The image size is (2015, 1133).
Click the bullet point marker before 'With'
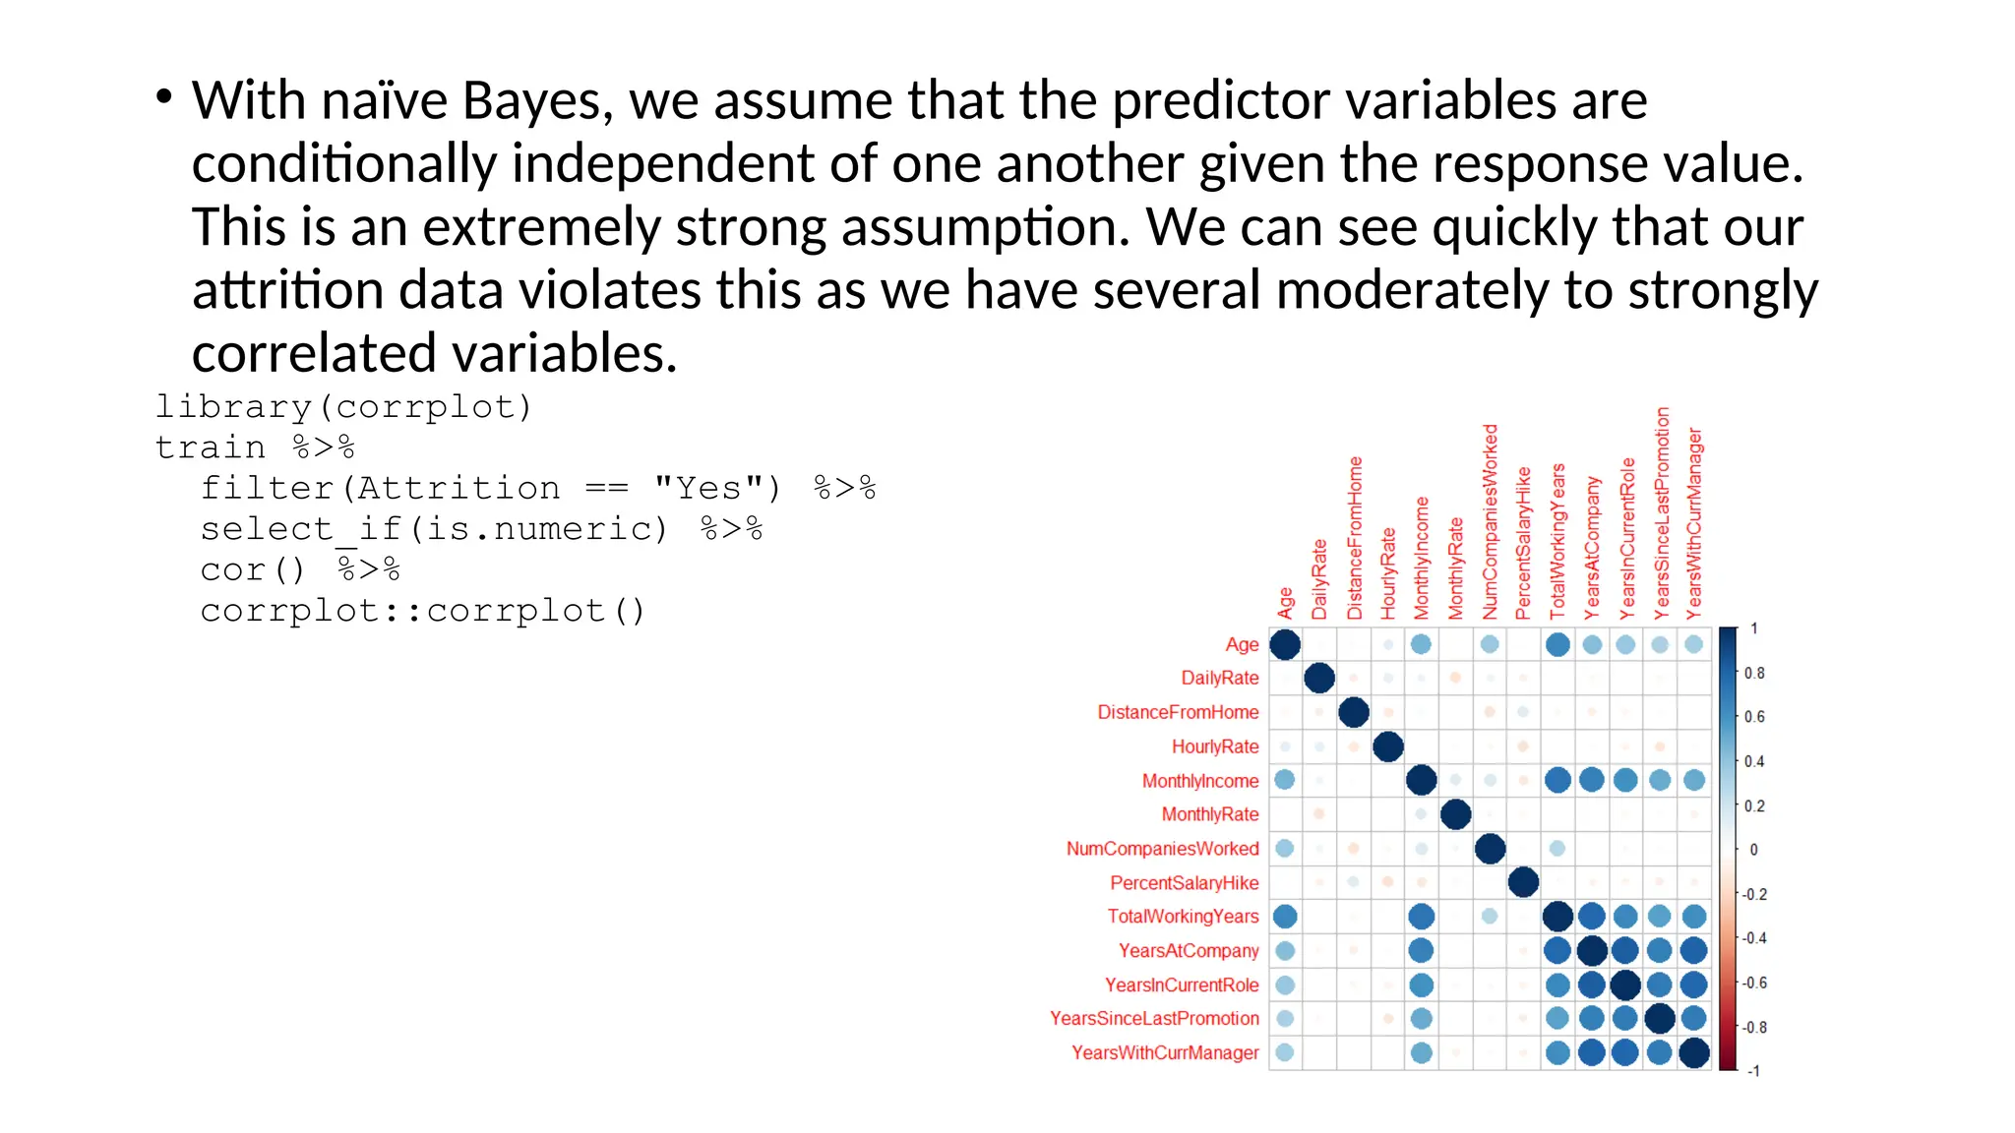click(x=164, y=96)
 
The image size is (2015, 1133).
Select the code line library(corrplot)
click(x=343, y=406)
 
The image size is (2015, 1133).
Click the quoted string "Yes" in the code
click(x=717, y=488)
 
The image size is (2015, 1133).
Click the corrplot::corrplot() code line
click(x=423, y=611)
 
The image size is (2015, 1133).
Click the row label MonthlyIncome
click(x=1199, y=781)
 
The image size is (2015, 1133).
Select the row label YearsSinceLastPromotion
click(x=1153, y=1019)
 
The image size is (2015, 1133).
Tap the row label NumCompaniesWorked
click(x=1162, y=849)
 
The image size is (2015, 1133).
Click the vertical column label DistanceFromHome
click(x=1355, y=538)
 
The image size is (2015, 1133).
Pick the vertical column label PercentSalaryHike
click(x=1523, y=543)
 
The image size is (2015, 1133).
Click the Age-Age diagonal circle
click(x=1285, y=645)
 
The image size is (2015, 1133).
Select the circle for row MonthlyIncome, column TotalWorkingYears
click(x=1557, y=781)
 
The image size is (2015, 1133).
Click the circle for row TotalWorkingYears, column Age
click(x=1285, y=917)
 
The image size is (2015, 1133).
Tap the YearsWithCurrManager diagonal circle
click(x=1693, y=1052)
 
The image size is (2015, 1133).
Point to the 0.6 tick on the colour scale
click(x=1754, y=717)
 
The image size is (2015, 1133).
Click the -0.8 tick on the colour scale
click(x=1754, y=1028)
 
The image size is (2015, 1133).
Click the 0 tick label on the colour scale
click(x=1753, y=850)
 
